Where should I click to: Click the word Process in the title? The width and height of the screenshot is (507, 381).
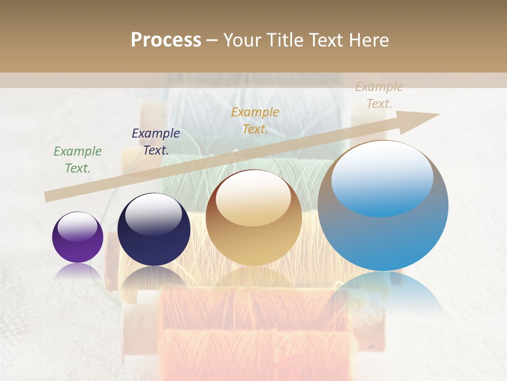166,40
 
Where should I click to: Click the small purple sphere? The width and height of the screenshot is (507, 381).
78,237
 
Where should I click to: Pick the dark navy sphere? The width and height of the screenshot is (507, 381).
154,230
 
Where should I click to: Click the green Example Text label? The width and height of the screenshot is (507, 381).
77,160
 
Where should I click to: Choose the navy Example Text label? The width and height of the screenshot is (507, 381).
155,142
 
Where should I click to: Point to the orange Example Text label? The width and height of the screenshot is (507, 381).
255,121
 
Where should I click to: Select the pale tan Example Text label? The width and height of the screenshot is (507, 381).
379,95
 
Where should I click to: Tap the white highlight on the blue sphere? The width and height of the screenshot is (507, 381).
382,178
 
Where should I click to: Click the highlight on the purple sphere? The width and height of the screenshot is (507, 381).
77,226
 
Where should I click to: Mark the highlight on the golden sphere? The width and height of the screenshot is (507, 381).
253,198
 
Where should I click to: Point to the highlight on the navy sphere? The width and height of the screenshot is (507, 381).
154,214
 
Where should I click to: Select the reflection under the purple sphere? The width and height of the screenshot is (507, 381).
78,271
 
